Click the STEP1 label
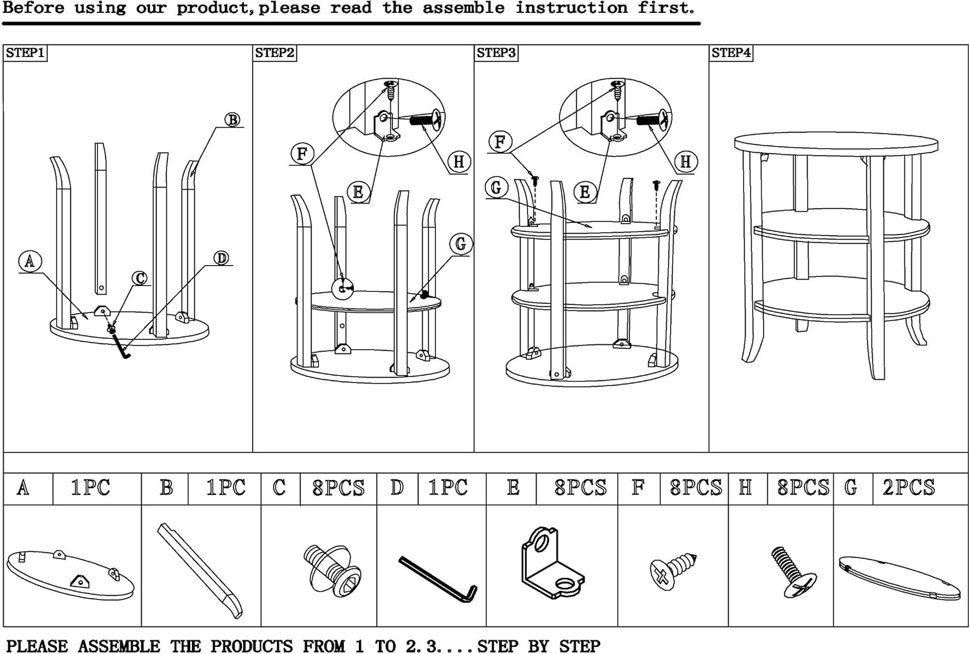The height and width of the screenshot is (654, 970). pos(25,53)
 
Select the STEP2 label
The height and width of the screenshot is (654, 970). pos(274,53)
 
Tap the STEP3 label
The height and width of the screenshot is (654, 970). pos(496,53)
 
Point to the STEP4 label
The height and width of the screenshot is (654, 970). pos(731,53)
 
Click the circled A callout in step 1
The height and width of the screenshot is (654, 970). pos(29,261)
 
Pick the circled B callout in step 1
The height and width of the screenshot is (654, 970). pos(232,120)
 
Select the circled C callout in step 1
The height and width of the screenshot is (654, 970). pos(140,278)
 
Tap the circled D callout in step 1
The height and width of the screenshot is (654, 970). pos(221,258)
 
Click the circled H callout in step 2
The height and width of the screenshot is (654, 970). pos(458,162)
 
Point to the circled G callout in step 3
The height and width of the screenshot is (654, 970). pos(496,188)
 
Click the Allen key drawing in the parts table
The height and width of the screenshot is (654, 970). pos(438,578)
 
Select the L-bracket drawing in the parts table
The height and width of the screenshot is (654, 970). pos(550,563)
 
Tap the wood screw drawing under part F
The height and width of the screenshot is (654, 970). pos(673,569)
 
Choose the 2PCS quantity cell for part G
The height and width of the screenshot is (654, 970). pos(909,488)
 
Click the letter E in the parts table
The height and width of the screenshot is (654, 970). pos(513,488)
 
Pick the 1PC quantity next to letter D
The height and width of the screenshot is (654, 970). pos(447,488)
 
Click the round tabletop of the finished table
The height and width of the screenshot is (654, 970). pos(835,143)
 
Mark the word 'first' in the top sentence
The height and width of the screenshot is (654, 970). pos(666,8)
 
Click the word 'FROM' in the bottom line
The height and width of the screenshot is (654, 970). pos(324,646)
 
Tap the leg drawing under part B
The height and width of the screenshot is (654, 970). pos(200,569)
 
